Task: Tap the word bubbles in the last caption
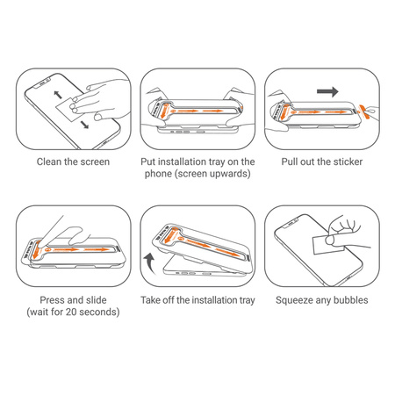point(348,299)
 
